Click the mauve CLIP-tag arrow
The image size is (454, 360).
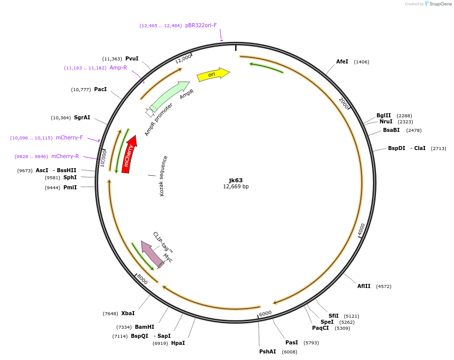[152, 254]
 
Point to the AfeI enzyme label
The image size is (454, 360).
[342, 62]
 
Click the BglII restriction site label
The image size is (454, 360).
[384, 115]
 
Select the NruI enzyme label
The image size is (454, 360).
[386, 121]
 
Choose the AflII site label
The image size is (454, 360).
[364, 286]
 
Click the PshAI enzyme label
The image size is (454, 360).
[267, 351]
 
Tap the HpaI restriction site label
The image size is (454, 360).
[178, 343]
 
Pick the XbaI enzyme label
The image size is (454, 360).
[128, 313]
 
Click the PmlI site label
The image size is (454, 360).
[70, 187]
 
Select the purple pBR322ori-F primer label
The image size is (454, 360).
[201, 25]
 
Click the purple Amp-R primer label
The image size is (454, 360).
[118, 67]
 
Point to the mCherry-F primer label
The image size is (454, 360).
[69, 137]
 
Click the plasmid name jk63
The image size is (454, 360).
[236, 180]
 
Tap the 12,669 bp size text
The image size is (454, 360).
[236, 187]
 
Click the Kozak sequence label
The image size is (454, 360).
[163, 176]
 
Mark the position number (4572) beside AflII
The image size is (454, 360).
[384, 286]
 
